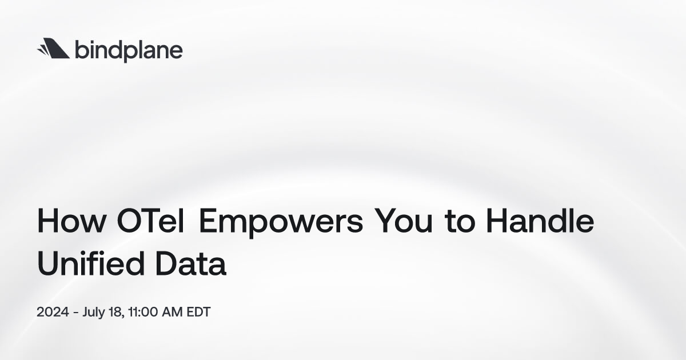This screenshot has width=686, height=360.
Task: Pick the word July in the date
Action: pos(94,313)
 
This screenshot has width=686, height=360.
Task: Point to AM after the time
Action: pos(172,313)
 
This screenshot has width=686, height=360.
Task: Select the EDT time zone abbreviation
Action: pos(198,313)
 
